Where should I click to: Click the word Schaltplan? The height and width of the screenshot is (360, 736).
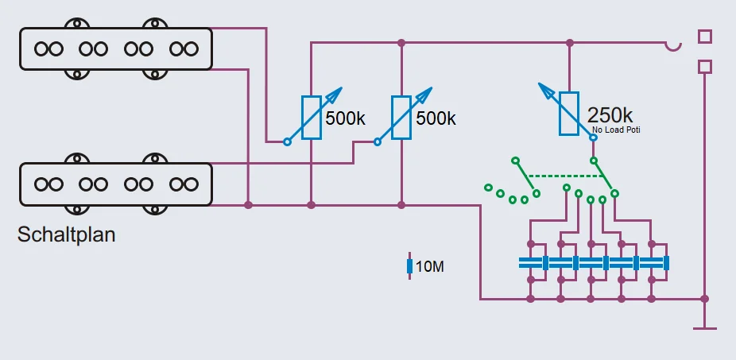66,235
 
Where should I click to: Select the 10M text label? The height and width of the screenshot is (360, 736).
430,267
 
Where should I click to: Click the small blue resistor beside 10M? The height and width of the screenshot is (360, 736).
409,267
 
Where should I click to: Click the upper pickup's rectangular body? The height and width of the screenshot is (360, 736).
116,48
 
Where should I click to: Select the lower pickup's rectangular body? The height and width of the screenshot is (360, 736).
116,184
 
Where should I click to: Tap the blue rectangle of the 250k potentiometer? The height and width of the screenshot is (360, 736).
569,114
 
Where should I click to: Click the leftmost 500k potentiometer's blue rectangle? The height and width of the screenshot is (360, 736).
311,118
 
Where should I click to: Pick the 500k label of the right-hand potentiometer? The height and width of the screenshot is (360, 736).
436,118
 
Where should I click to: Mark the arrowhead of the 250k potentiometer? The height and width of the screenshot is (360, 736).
543,87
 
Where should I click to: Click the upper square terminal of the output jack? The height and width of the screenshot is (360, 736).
704,37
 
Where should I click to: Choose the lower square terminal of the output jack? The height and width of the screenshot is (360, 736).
704,67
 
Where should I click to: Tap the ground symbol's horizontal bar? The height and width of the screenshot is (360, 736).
704,327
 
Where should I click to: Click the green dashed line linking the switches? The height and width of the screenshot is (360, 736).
560,176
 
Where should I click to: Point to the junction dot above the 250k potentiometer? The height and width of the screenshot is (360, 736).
569,43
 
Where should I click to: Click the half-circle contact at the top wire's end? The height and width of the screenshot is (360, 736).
674,46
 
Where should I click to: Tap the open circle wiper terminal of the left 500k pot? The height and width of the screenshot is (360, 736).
287,142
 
